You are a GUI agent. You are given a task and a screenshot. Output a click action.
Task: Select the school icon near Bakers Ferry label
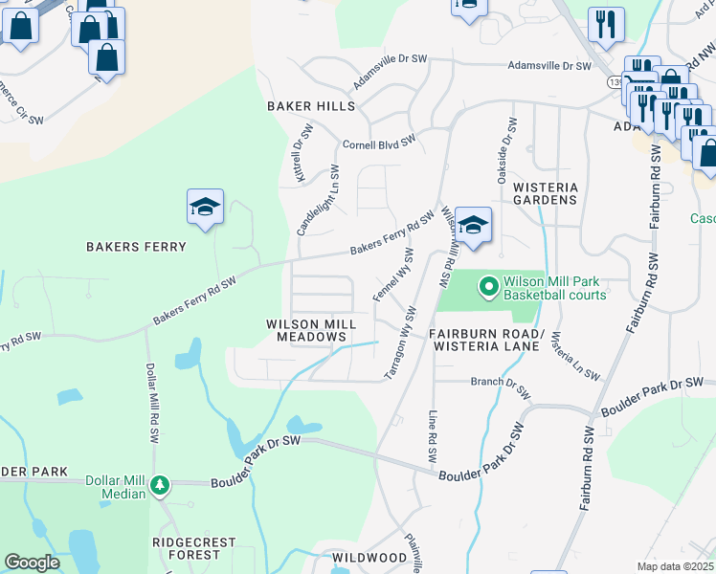pyautogui.click(x=205, y=207)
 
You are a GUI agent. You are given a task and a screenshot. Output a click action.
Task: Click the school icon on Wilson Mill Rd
pyautogui.click(x=473, y=226)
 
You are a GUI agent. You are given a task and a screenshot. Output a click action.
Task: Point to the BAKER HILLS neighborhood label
pyautogui.click(x=311, y=105)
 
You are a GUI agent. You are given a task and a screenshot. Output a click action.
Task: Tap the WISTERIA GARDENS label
pyautogui.click(x=546, y=193)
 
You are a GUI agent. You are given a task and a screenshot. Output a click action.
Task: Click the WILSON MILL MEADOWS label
pyautogui.click(x=311, y=331)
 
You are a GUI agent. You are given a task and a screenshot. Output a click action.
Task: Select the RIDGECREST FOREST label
pyautogui.click(x=193, y=548)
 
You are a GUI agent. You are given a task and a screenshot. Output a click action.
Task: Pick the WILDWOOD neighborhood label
pyautogui.click(x=369, y=557)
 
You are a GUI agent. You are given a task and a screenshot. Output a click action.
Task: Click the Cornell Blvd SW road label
pyautogui.click(x=379, y=143)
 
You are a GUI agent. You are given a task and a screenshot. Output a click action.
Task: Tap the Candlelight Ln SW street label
pyautogui.click(x=319, y=200)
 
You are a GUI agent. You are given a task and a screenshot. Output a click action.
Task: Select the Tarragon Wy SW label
pyautogui.click(x=401, y=343)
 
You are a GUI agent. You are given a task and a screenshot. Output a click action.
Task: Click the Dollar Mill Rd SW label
pyautogui.click(x=151, y=402)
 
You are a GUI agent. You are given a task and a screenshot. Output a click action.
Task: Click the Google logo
pyautogui.click(x=32, y=563)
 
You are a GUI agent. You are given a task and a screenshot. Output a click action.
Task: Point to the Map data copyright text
pyautogui.click(x=674, y=566)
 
